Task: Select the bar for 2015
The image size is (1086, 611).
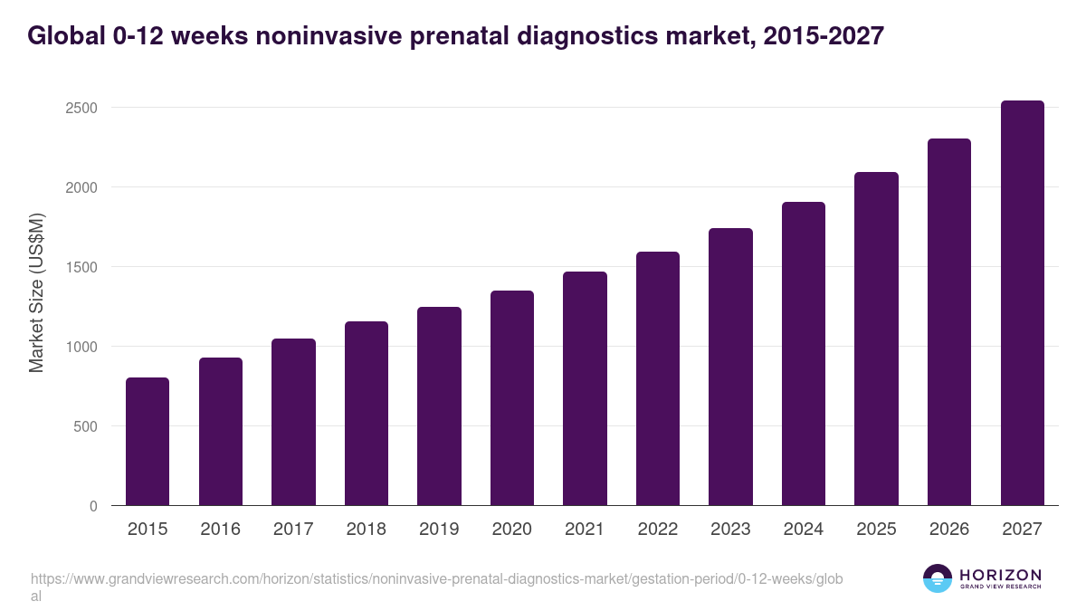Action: click(x=148, y=442)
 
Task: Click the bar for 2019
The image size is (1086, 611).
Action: click(x=439, y=406)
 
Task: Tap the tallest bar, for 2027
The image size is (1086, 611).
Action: click(x=1022, y=303)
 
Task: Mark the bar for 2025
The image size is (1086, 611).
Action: click(x=876, y=339)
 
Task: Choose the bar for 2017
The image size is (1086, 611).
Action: click(x=293, y=422)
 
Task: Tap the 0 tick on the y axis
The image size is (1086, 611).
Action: click(x=93, y=506)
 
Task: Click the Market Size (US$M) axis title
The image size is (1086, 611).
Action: click(x=37, y=293)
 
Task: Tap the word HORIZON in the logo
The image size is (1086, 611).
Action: click(x=1000, y=575)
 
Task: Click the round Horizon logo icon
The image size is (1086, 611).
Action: click(x=938, y=578)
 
